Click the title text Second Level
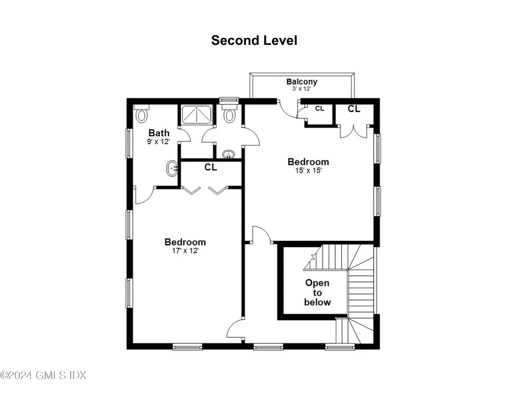click(254, 40)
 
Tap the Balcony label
click(301, 82)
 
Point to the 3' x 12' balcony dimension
click(301, 89)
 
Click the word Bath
click(159, 133)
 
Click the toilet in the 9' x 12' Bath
click(142, 114)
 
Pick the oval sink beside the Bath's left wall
click(172, 169)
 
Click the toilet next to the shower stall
click(229, 114)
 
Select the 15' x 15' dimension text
click(308, 171)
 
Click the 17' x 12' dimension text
click(185, 251)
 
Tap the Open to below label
click(317, 293)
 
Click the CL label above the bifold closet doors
click(211, 168)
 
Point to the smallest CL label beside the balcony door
click(320, 108)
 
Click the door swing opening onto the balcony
click(287, 109)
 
